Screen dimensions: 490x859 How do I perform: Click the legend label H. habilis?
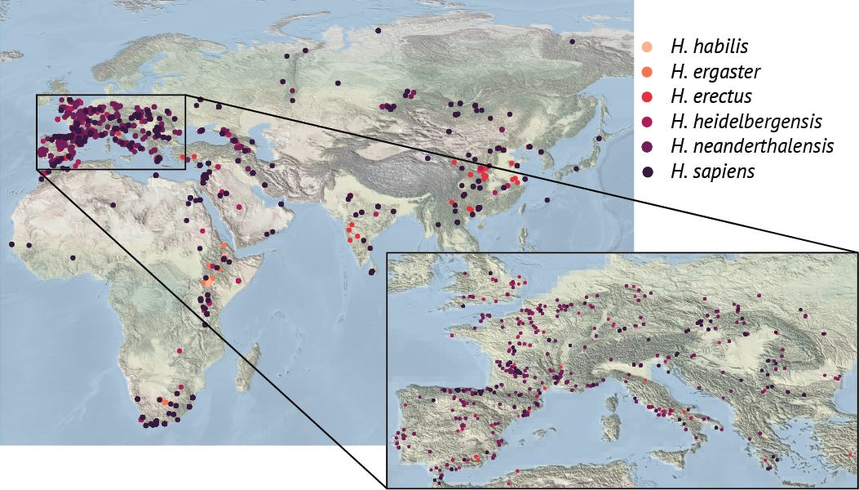[x=708, y=47]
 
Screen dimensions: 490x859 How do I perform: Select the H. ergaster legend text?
[x=715, y=72]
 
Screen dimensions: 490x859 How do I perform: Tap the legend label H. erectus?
[x=710, y=96]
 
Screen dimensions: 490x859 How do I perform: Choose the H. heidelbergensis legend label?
[x=745, y=122]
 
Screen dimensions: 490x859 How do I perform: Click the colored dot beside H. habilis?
[x=648, y=47]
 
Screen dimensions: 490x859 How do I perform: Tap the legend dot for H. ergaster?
[x=648, y=72]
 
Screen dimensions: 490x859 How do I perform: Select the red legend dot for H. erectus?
[x=648, y=96]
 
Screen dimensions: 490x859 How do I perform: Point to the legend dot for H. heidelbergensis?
[x=648, y=122]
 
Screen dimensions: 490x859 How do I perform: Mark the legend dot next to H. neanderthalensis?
[x=648, y=146]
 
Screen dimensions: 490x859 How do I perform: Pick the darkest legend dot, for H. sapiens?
[x=648, y=171]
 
